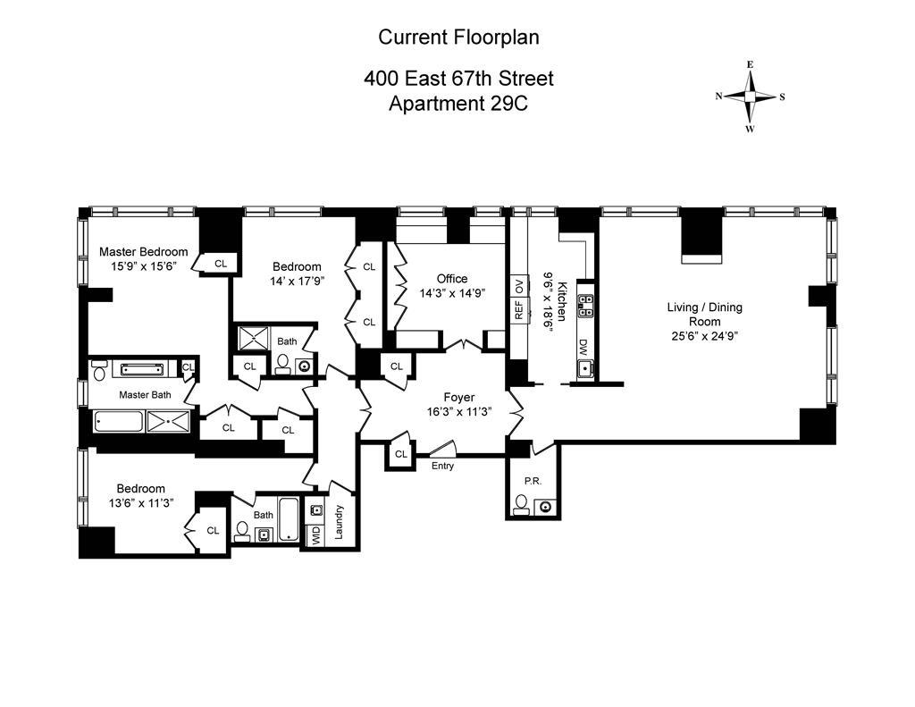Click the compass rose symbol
(x=751, y=97)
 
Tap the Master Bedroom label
(x=144, y=252)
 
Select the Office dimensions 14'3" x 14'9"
(x=452, y=293)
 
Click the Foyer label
(x=459, y=397)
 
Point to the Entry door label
(x=442, y=466)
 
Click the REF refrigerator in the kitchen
(x=519, y=309)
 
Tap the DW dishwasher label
(x=583, y=348)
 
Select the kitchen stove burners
(x=585, y=306)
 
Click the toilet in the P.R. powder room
(x=521, y=504)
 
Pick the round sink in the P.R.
(x=546, y=506)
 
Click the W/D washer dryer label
(x=315, y=534)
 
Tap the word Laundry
(x=339, y=522)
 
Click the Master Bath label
(x=146, y=395)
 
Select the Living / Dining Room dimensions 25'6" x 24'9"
(x=705, y=336)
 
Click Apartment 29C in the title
(x=458, y=104)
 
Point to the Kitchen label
(x=561, y=301)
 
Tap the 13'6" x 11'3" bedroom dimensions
(x=140, y=502)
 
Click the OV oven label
(x=519, y=286)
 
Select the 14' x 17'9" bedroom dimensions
(x=297, y=281)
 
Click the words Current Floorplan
(x=458, y=37)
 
